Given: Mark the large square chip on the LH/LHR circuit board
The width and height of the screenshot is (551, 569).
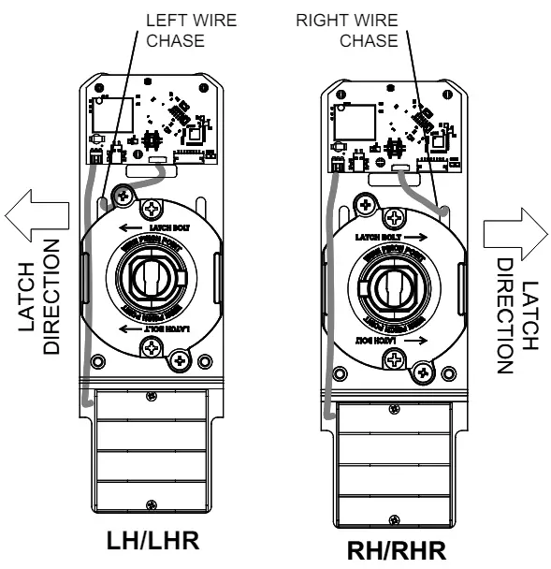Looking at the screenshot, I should point(104,112).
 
